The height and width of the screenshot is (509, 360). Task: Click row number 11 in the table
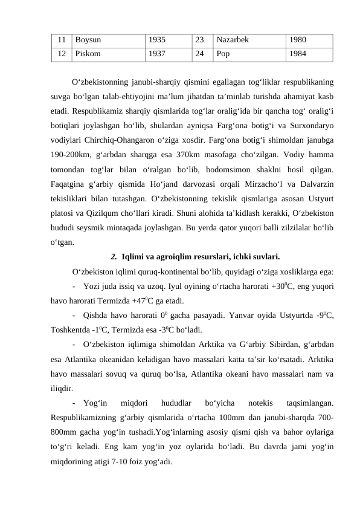62,41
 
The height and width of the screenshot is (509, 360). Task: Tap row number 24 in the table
199,53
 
